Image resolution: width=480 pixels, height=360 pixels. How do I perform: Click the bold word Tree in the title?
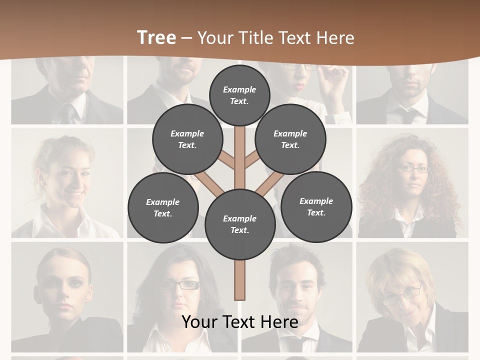156,37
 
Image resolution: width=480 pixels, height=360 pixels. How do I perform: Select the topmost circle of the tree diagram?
239,95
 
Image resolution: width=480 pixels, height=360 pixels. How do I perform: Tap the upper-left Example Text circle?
187,139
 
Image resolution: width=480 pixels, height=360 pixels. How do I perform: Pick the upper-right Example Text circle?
290,139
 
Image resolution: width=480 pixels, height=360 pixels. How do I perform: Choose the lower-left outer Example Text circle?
162,208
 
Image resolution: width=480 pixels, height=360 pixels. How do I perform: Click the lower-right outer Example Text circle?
316,207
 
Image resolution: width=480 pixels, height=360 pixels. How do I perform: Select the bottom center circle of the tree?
239,224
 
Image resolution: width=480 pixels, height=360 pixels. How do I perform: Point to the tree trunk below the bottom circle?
239,280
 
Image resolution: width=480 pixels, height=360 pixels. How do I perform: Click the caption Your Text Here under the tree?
239,322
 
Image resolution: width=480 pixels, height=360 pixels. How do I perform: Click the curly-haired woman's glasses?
413,169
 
